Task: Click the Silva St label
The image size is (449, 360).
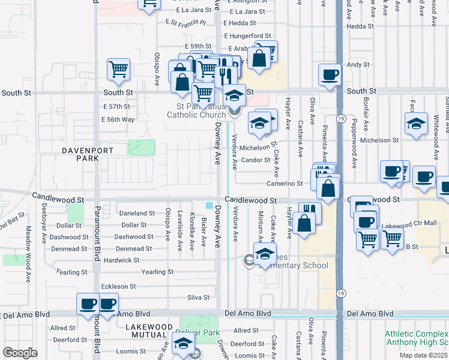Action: (198, 297)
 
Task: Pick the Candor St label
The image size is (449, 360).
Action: (255, 160)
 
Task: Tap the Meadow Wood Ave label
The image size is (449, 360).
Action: (28, 254)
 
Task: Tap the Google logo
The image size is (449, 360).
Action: (20, 352)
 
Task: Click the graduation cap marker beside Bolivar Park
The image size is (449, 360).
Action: (183, 343)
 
